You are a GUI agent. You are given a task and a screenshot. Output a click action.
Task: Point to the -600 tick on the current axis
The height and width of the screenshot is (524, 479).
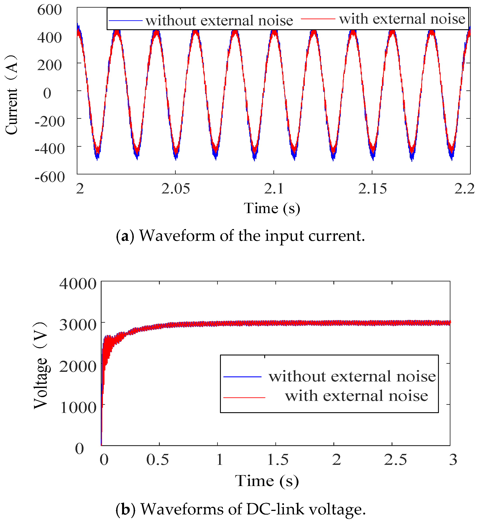49,177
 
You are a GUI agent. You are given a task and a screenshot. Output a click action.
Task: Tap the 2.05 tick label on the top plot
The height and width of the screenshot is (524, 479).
176,189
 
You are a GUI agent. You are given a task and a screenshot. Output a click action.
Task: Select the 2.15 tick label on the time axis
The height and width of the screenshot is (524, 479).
372,189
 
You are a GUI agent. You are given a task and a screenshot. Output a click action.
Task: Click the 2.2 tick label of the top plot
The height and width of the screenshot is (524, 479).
464,189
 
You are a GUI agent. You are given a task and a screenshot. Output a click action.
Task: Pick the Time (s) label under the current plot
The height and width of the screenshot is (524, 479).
272,209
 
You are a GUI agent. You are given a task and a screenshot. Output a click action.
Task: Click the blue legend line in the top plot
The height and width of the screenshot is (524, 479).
125,21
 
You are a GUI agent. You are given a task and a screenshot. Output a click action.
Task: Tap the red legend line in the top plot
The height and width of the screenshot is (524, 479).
318,19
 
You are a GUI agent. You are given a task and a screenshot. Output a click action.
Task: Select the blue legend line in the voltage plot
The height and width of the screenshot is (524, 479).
242,377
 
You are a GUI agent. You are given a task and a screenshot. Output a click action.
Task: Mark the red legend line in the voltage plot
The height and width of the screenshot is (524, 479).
244,397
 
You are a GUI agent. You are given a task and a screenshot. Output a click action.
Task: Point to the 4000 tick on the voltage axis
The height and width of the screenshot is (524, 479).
78,284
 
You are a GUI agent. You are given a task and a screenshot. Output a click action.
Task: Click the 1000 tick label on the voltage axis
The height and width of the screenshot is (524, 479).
78,408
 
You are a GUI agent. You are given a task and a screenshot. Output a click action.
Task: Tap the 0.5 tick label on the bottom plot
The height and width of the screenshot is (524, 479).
157,460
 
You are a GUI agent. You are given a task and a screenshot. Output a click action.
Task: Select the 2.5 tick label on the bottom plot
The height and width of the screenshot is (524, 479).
395,460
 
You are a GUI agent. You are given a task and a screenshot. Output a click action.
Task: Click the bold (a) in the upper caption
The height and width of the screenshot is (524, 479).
125,236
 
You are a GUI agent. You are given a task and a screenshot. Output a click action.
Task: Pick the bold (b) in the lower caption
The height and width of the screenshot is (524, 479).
125,509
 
